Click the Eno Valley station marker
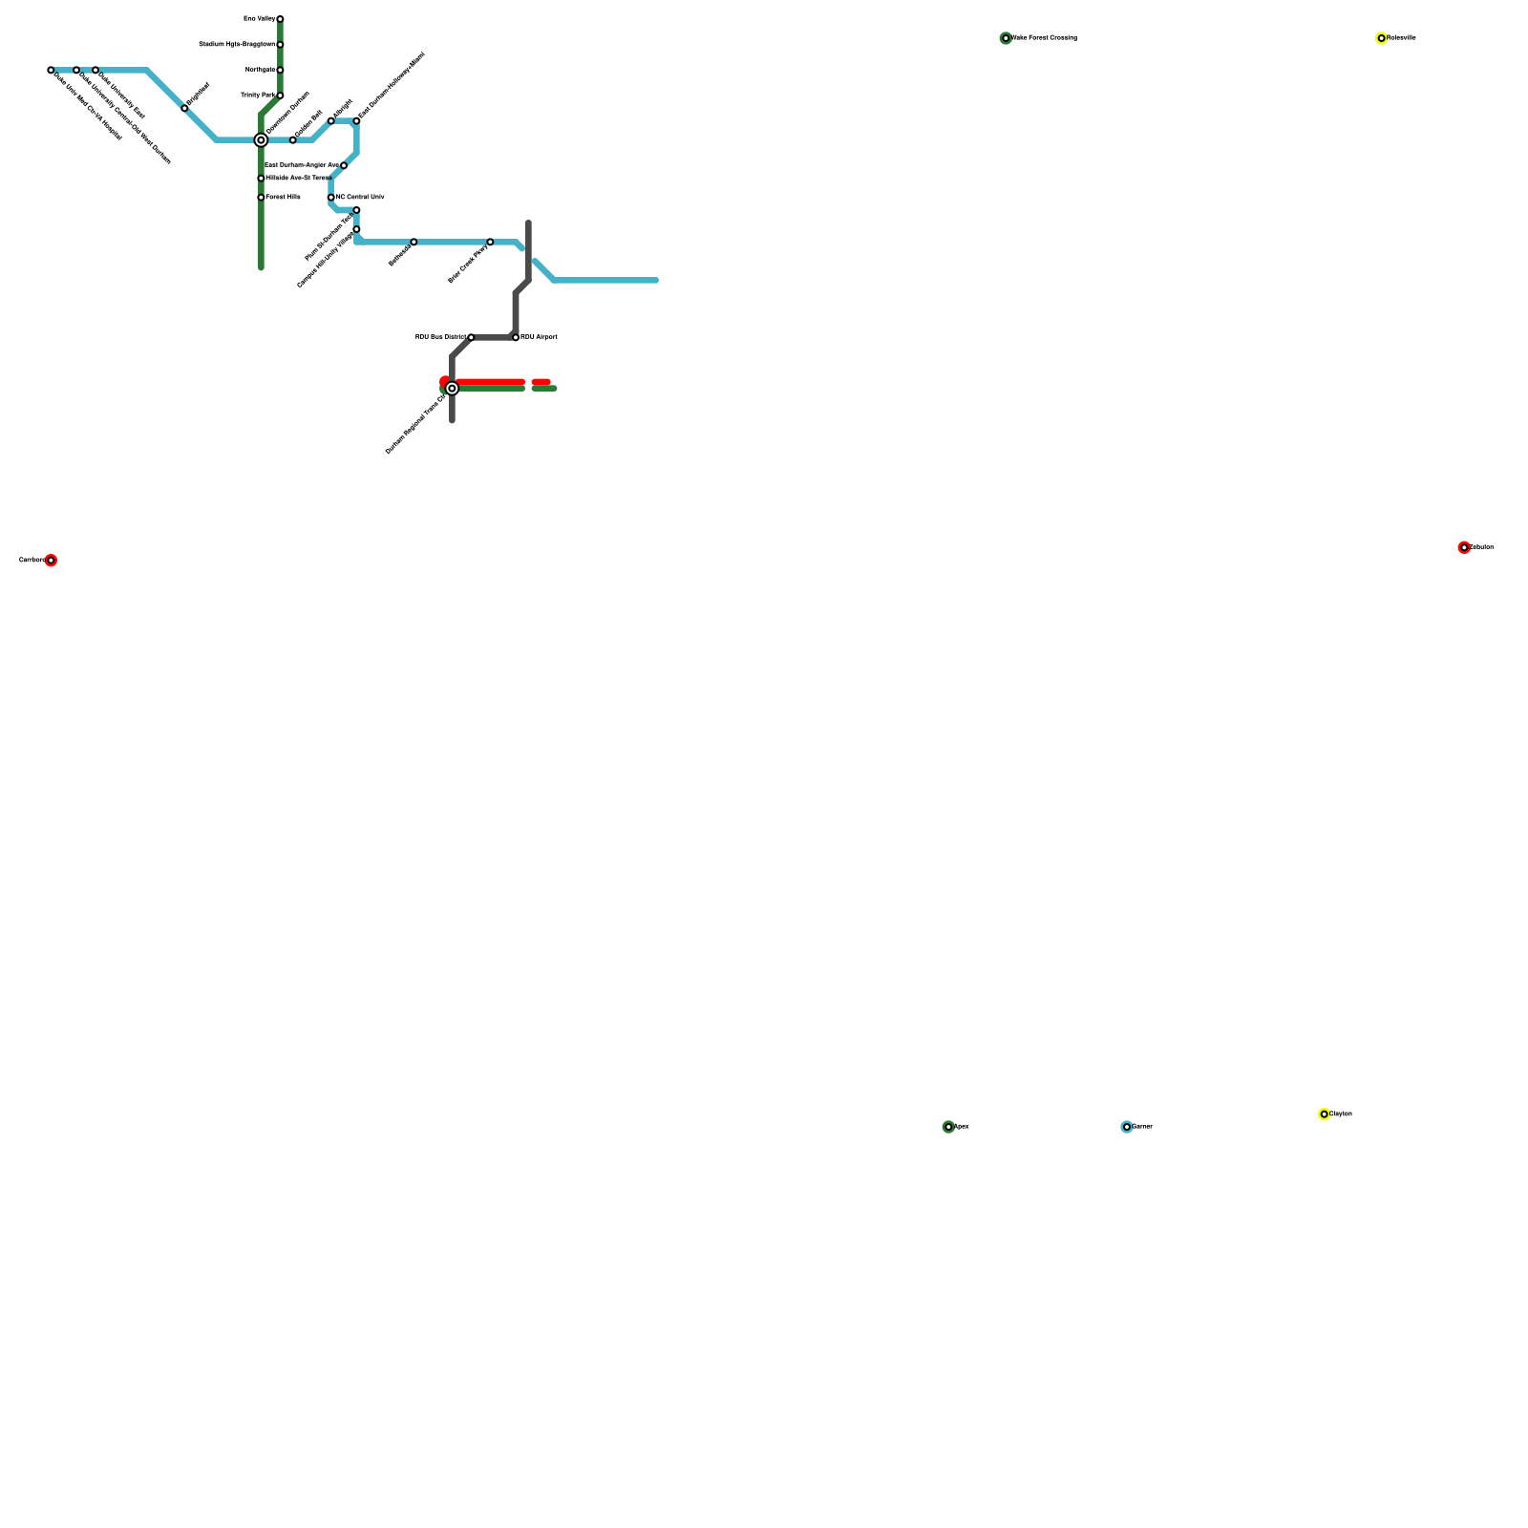[x=280, y=19]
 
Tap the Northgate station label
[x=260, y=70]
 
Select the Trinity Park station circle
[x=280, y=95]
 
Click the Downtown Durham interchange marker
[x=261, y=140]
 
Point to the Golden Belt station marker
[x=293, y=140]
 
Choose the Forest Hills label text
[x=284, y=197]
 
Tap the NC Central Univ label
[x=360, y=197]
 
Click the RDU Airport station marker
[x=516, y=337]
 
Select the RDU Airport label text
[x=540, y=337]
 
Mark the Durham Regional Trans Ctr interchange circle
[x=452, y=389]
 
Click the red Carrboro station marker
[x=51, y=561]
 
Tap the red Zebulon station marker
[x=1464, y=547]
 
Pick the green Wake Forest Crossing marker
[x=1006, y=38]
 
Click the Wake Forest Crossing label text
[x=1045, y=38]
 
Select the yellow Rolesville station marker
[x=1381, y=38]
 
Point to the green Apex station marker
[x=948, y=1127]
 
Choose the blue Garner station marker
[x=1127, y=1127]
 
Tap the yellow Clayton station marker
[x=1324, y=1114]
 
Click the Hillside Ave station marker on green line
[x=261, y=179]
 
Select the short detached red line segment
[x=541, y=382]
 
